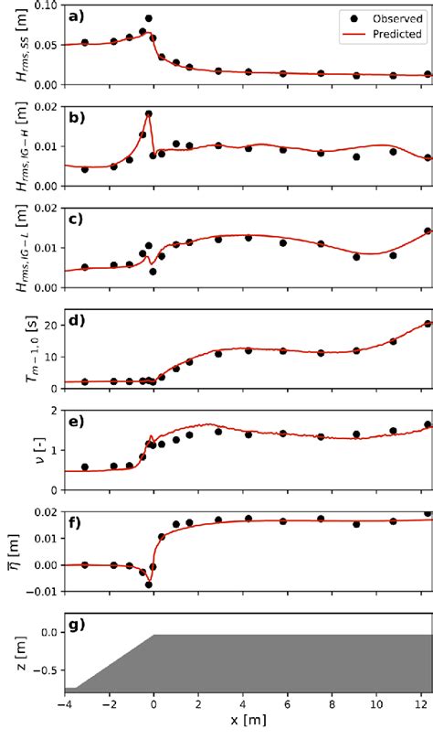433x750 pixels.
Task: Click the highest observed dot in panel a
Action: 149,18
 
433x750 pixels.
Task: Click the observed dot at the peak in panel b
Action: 149,114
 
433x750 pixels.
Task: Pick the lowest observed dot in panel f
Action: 149,584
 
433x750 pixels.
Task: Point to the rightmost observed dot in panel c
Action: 428,231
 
